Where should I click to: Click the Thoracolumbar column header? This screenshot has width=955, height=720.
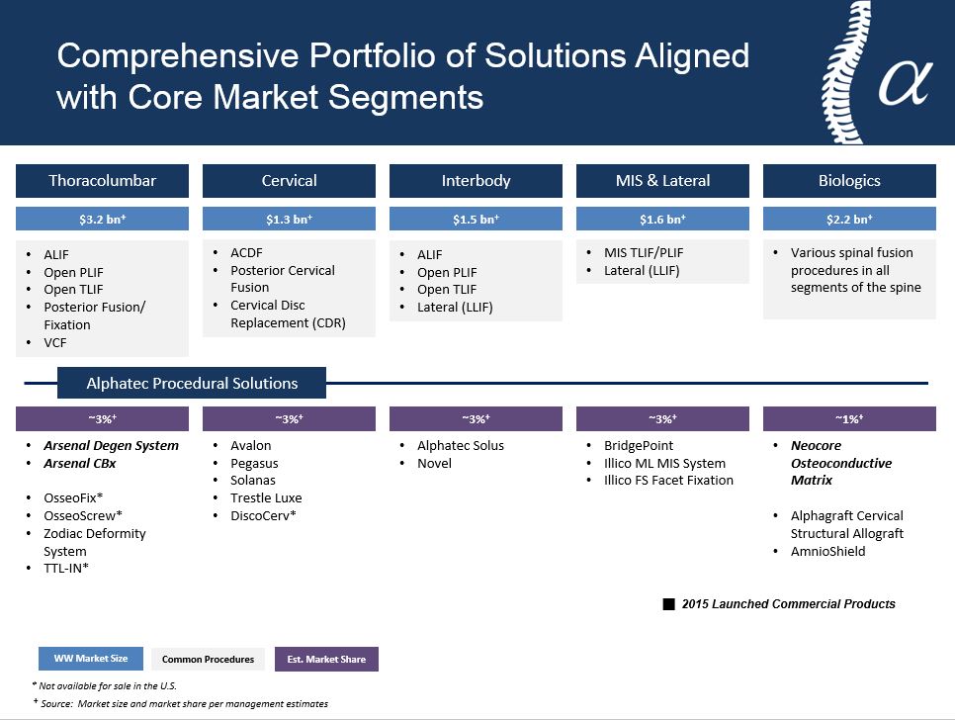(x=103, y=180)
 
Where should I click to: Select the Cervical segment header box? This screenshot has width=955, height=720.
(x=289, y=180)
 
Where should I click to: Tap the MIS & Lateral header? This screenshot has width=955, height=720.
(x=662, y=180)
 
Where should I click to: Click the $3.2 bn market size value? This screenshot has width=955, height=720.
(x=103, y=219)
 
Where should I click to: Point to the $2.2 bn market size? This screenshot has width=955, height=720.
(x=849, y=219)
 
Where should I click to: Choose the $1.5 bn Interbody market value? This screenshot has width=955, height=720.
(x=476, y=219)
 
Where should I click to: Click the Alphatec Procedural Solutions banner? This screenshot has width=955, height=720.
(x=192, y=383)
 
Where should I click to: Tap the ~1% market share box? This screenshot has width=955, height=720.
(x=849, y=419)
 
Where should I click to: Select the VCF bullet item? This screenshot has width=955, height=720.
(x=54, y=342)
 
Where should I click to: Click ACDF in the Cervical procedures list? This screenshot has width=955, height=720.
(x=246, y=252)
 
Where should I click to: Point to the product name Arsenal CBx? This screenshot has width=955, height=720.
(x=80, y=463)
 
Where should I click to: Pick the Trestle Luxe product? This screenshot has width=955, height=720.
(x=266, y=497)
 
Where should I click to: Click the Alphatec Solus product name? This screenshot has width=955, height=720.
(x=461, y=445)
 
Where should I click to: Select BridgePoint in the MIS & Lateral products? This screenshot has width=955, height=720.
(x=639, y=445)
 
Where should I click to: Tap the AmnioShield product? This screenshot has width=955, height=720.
(x=827, y=551)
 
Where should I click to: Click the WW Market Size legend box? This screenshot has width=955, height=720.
(x=91, y=659)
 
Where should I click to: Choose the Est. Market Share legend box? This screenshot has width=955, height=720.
(x=326, y=659)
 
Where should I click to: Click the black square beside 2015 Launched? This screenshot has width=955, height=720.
(x=668, y=604)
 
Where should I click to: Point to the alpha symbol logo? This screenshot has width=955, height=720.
(x=905, y=82)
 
